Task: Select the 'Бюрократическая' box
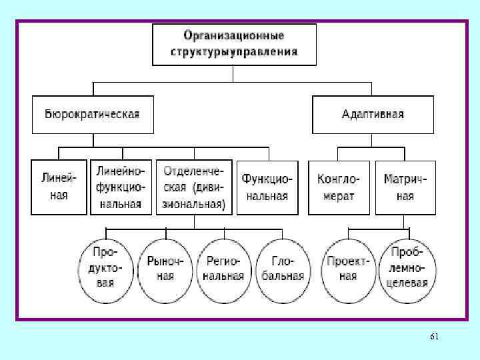point(93,115)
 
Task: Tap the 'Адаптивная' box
point(373,115)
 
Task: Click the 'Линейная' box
point(59,187)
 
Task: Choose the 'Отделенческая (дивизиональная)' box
point(195,187)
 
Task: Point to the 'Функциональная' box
point(265,187)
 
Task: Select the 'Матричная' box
point(405,187)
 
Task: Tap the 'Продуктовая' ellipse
point(105,267)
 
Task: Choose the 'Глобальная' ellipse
point(283,267)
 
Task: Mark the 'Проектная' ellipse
point(347,267)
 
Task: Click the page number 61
point(435,337)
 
